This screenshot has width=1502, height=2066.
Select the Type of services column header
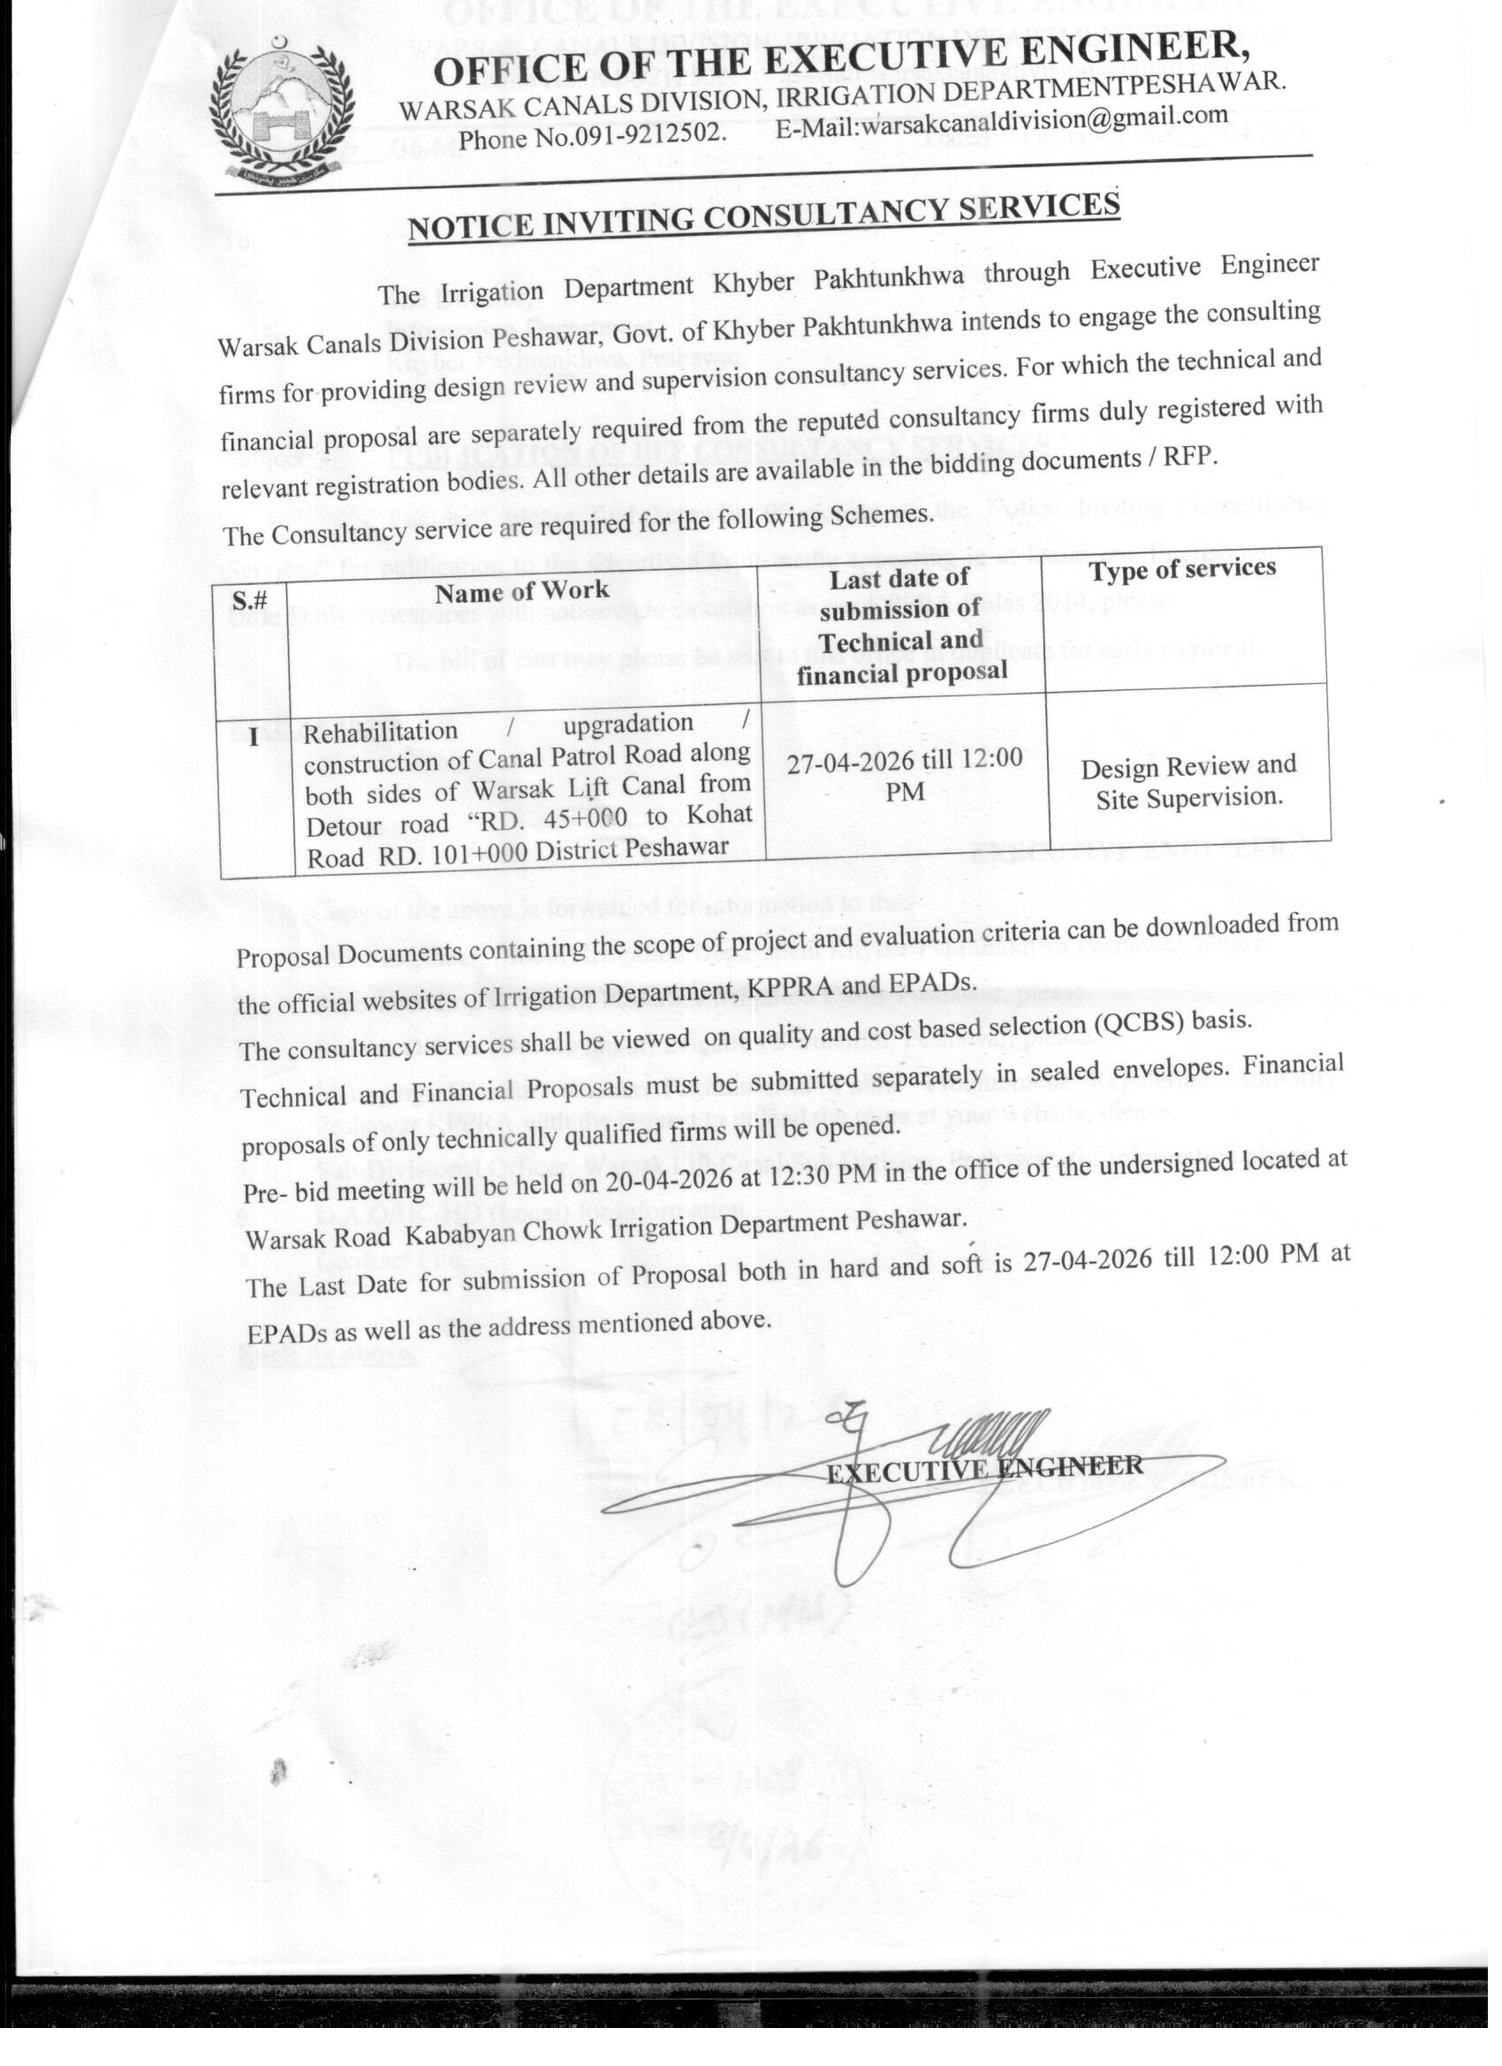pyautogui.click(x=1182, y=569)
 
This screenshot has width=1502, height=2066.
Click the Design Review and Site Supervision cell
pyautogui.click(x=1188, y=781)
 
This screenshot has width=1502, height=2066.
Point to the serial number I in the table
pyautogui.click(x=254, y=737)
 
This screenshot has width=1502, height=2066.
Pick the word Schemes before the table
pyautogui.click(x=876, y=514)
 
